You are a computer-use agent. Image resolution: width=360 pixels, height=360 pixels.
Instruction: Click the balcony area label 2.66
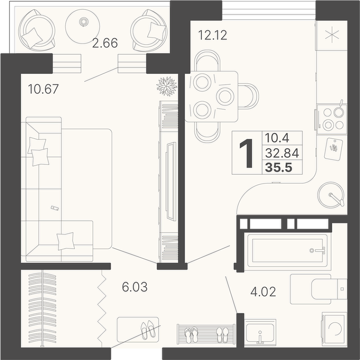(x=105, y=43)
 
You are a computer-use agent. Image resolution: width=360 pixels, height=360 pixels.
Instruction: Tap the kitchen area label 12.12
(x=212, y=35)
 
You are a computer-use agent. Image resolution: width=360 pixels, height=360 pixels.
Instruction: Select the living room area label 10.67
(x=43, y=89)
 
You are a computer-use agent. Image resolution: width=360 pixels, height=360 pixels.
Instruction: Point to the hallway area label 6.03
(x=135, y=287)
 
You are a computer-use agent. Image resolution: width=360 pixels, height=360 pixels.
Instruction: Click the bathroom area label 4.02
(x=263, y=292)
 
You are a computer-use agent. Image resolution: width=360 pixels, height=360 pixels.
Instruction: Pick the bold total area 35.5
(x=279, y=167)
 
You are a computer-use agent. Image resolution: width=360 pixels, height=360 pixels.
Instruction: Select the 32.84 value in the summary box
(x=282, y=153)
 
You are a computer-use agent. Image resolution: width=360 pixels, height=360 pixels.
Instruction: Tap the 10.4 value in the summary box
(x=277, y=138)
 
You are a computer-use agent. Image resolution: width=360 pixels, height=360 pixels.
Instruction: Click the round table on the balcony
(x=83, y=26)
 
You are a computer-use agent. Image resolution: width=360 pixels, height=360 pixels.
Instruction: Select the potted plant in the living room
(x=167, y=86)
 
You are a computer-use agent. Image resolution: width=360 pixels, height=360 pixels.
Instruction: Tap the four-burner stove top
(x=332, y=119)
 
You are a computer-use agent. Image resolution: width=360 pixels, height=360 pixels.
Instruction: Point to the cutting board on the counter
(x=333, y=148)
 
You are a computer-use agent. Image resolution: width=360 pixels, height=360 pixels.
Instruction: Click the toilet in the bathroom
(x=319, y=289)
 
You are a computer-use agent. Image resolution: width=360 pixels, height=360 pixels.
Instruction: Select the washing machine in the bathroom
(x=334, y=329)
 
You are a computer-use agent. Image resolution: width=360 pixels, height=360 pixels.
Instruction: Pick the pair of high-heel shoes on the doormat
(x=148, y=330)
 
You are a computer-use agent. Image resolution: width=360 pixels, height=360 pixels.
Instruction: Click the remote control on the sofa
(x=55, y=208)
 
